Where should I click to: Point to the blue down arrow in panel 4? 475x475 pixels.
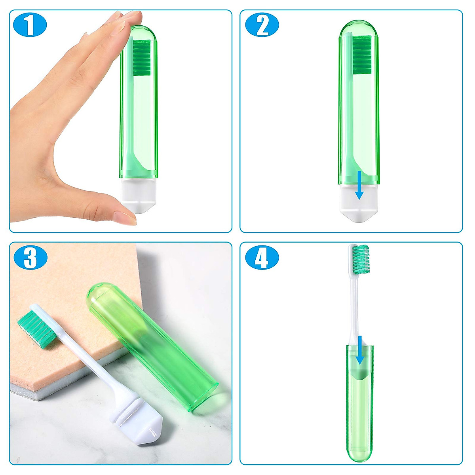coord(359,350)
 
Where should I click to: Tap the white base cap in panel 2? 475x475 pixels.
coord(359,202)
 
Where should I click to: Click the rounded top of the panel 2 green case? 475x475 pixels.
coord(359,28)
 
